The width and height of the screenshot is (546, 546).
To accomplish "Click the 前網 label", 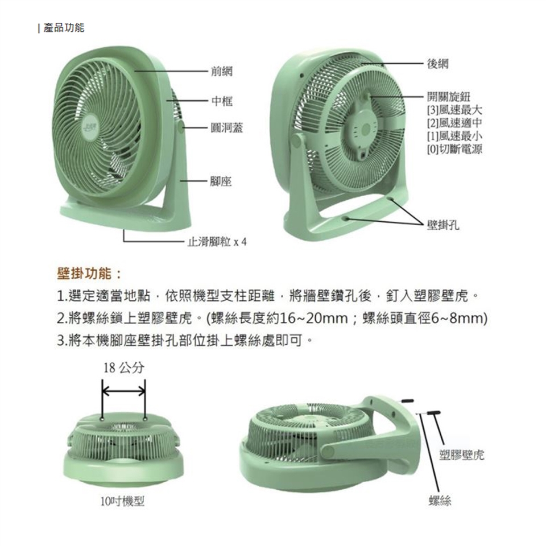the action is pos(222,72).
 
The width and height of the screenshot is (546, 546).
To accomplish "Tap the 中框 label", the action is pos(222,101).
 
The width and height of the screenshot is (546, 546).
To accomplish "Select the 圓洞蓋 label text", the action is pos(227,128).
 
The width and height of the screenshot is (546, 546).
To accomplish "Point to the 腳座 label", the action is pos(221,181).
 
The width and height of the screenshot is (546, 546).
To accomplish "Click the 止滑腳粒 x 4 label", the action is pos(217,241).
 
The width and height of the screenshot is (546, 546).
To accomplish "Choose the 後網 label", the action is pos(438,64).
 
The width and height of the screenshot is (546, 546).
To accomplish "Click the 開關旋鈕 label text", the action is pos(449,97).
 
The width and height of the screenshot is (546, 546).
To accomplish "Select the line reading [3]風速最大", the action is pos(454,110).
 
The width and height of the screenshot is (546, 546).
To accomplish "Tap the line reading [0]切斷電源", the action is pos(454,149).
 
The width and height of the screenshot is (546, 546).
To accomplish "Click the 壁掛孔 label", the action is pos(443,225).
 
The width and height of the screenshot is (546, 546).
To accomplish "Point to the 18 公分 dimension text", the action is pos(123,367).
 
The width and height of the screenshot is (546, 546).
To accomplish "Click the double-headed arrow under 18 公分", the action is pos(123,391).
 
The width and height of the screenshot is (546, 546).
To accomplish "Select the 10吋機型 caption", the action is pos(122,502).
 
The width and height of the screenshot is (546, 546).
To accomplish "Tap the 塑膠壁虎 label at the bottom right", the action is pos(461,454).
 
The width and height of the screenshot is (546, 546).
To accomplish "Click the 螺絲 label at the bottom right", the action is pos(440,500).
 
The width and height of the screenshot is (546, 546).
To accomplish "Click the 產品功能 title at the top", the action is pos(64,27).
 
